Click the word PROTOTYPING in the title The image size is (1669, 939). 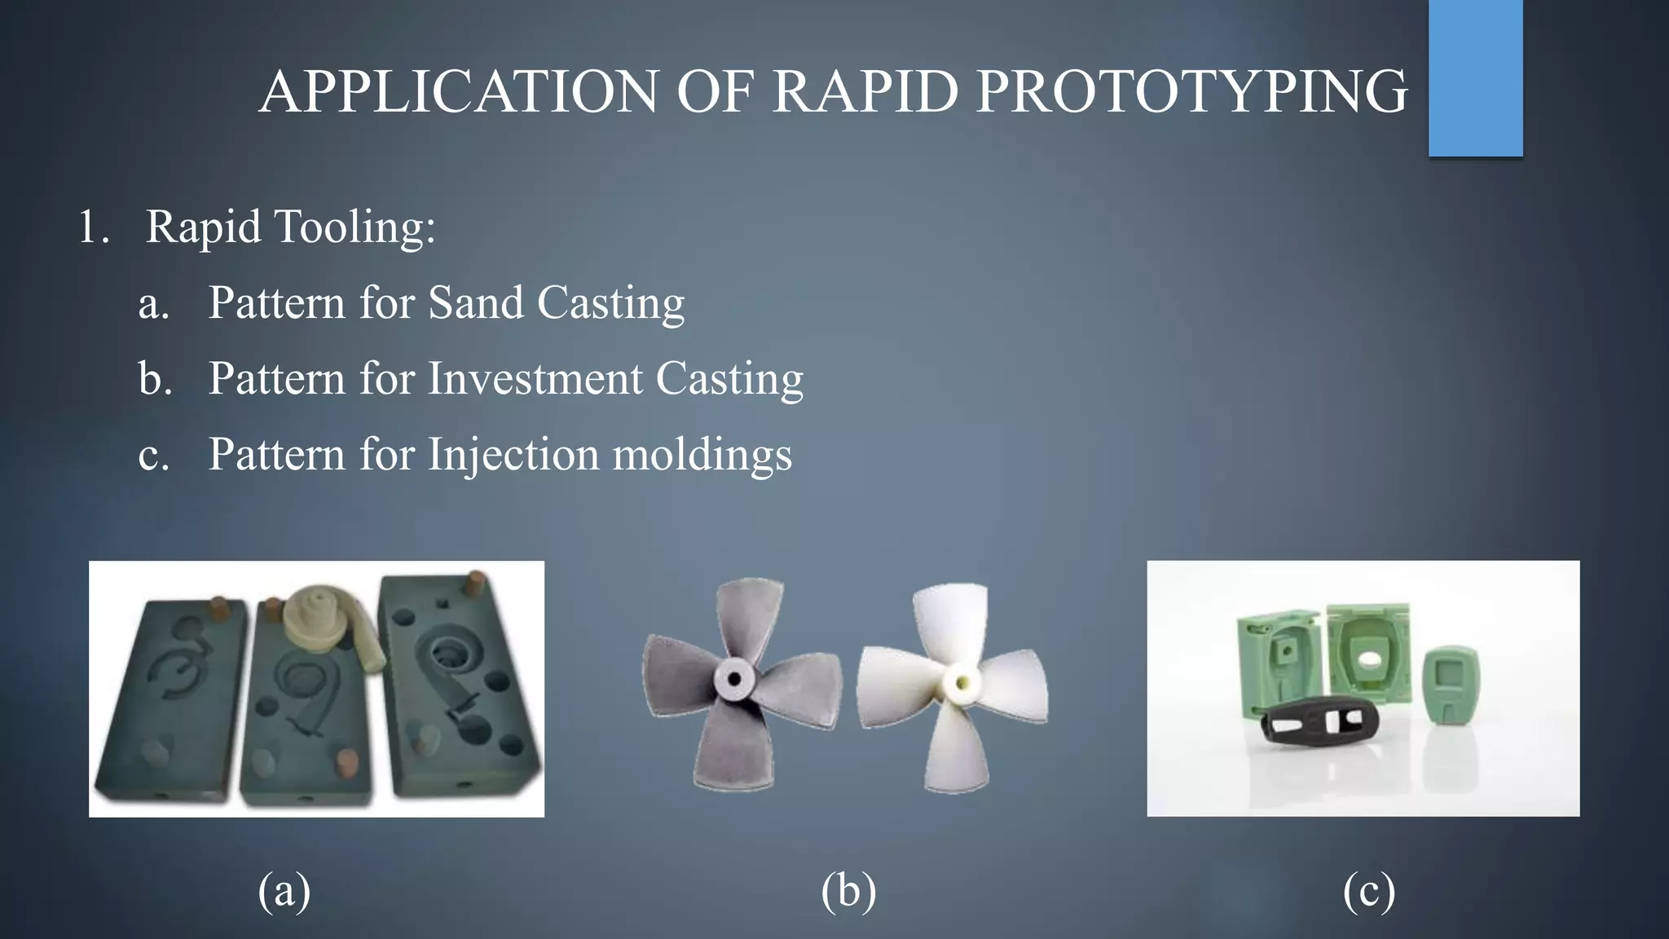pos(1191,91)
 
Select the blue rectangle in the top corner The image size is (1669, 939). pos(1475,77)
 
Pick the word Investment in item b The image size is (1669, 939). pos(535,378)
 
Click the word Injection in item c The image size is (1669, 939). pos(513,454)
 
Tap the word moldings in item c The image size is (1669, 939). pos(702,454)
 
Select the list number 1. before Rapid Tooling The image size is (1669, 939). pos(93,227)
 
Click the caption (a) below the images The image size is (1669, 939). pos(284,890)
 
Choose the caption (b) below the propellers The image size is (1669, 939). pos(848,890)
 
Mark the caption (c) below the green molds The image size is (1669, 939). pos(1369,890)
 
